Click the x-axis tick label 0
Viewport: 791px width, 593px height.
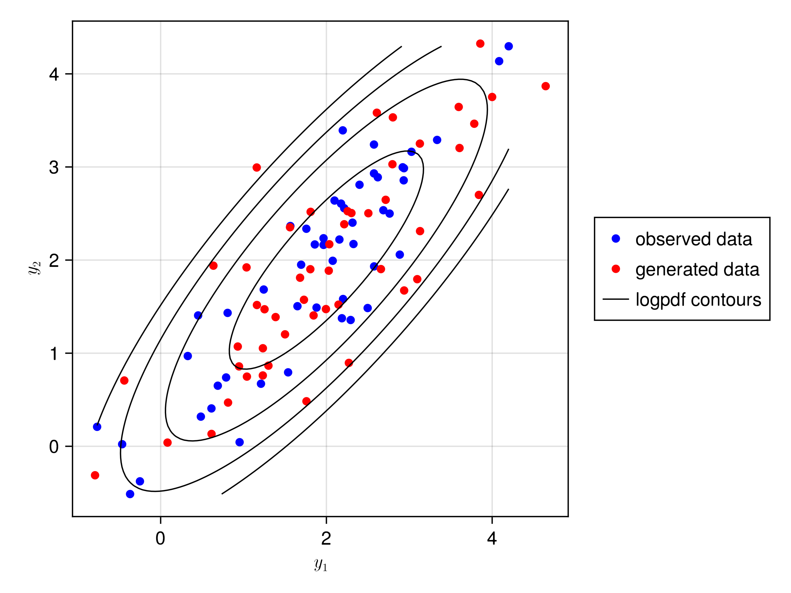click(160, 538)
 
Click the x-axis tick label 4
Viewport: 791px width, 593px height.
click(492, 538)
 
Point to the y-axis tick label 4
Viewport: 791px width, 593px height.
click(54, 74)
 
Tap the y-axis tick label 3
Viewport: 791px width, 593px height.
click(54, 167)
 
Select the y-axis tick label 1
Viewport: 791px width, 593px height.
click(54, 353)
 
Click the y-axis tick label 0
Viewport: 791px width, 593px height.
click(54, 446)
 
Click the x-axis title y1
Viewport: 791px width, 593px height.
click(321, 565)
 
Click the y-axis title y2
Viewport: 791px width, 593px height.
click(35, 268)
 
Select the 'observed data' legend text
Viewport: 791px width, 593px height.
click(693, 239)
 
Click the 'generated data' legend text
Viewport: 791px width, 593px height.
click(697, 269)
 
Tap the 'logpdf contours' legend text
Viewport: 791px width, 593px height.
click(698, 299)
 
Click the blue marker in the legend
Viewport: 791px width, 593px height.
click(616, 239)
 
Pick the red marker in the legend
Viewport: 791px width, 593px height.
click(616, 269)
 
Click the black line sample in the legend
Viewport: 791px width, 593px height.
click(616, 299)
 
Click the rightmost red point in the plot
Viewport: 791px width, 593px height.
click(545, 86)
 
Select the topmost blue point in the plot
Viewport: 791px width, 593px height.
click(509, 46)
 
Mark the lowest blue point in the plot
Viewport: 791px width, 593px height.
click(130, 494)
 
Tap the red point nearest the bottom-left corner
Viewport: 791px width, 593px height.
click(95, 475)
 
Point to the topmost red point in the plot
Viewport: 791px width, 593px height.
click(480, 43)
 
